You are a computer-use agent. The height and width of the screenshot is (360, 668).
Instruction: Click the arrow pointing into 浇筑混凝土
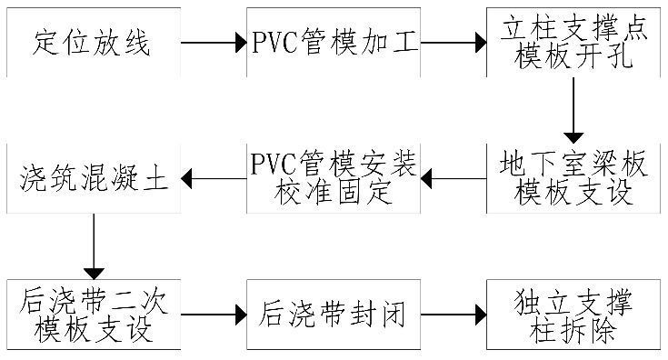click(x=214, y=178)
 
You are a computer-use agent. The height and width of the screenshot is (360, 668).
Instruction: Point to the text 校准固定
click(x=334, y=193)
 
